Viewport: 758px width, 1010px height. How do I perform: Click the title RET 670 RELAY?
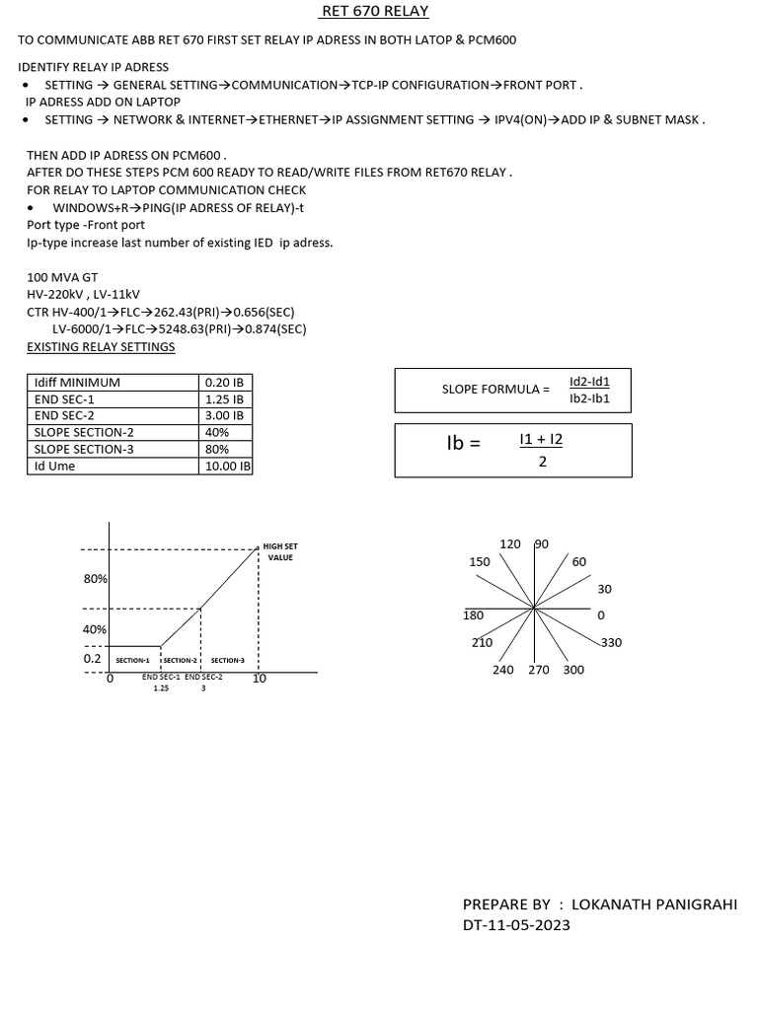pyautogui.click(x=375, y=12)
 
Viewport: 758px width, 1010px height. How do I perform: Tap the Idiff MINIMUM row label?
pyautogui.click(x=77, y=382)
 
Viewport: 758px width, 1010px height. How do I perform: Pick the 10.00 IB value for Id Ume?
pyautogui.click(x=227, y=466)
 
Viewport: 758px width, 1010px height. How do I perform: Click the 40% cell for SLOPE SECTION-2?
pyautogui.click(x=217, y=432)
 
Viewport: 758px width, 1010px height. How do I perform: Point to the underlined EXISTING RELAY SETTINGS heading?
pyautogui.click(x=101, y=347)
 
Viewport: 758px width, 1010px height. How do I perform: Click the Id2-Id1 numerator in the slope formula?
pyautogui.click(x=589, y=381)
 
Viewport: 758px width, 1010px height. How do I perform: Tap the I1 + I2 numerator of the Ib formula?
pyautogui.click(x=541, y=440)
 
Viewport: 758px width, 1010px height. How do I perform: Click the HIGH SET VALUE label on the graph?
pyautogui.click(x=280, y=551)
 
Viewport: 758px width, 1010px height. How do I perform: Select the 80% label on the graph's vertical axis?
pyautogui.click(x=95, y=579)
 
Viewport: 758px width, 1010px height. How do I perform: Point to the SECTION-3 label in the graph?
pyautogui.click(x=227, y=660)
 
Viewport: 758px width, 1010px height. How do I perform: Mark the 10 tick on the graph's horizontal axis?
pyautogui.click(x=260, y=679)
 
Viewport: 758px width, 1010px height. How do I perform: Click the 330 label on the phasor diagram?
pyautogui.click(x=611, y=643)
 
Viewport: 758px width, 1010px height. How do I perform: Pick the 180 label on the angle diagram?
pyautogui.click(x=474, y=615)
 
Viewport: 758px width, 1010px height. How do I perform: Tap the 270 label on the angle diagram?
pyautogui.click(x=539, y=670)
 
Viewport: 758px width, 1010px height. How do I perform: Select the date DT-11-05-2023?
pyautogui.click(x=516, y=925)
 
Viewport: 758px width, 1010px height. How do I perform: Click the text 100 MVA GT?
pyautogui.click(x=62, y=279)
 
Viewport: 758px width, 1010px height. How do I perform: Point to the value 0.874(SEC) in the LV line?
pyautogui.click(x=272, y=328)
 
